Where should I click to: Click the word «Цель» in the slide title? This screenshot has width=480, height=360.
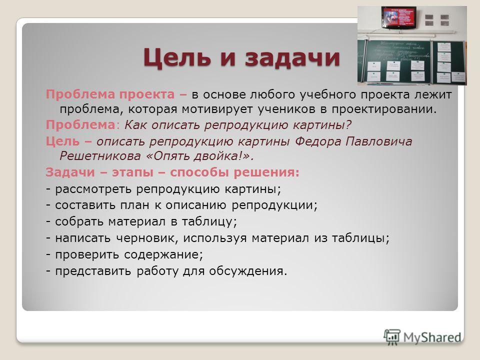click(177, 57)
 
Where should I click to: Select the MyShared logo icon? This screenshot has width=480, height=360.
click(392, 337)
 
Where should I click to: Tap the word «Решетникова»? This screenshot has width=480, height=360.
click(100, 156)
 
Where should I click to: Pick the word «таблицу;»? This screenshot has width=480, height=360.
click(209, 221)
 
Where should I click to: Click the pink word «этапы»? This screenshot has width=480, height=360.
click(132, 172)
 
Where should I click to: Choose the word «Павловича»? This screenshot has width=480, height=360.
click(379, 141)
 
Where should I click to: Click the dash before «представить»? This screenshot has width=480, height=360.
click(48, 271)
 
